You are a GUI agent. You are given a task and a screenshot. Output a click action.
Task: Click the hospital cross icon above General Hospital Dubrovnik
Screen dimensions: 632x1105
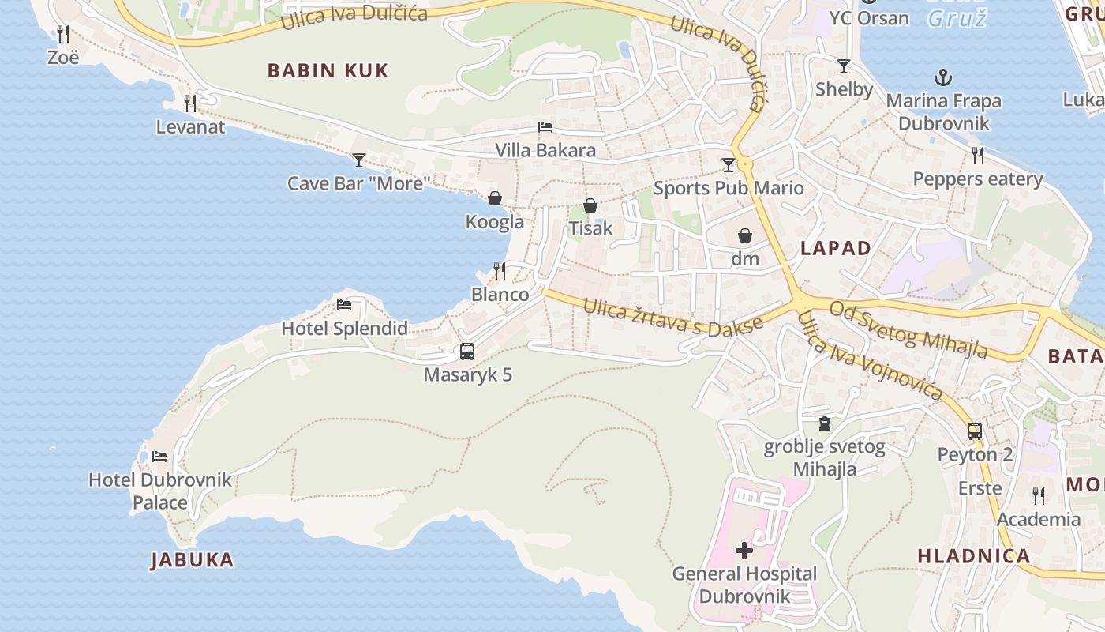click(744, 551)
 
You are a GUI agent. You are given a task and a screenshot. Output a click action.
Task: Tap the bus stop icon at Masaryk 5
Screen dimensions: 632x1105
click(467, 352)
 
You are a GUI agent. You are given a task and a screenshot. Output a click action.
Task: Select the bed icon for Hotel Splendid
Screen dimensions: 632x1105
click(344, 305)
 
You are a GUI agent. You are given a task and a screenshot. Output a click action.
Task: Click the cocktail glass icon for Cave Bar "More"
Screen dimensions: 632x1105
click(359, 160)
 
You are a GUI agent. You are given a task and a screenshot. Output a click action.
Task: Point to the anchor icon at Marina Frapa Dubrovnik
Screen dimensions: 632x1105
click(942, 77)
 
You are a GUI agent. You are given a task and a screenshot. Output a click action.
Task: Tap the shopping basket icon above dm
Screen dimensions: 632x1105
click(744, 235)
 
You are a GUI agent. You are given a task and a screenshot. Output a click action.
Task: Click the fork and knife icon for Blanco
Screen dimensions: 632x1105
click(500, 271)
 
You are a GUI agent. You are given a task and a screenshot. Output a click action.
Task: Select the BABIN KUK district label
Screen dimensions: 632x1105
click(328, 70)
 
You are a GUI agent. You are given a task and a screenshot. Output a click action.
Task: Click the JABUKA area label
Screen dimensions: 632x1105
click(193, 560)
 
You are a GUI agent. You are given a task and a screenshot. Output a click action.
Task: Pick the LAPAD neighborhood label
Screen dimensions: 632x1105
click(836, 248)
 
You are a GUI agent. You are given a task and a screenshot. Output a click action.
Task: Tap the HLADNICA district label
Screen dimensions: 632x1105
click(974, 555)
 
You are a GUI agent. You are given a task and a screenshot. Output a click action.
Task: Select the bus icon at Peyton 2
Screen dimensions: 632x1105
click(975, 431)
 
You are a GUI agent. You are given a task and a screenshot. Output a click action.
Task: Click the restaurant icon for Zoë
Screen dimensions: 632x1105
click(63, 33)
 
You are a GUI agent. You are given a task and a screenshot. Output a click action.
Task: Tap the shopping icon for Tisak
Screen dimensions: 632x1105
click(590, 205)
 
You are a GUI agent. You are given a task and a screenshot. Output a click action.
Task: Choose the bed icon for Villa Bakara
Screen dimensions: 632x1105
click(545, 126)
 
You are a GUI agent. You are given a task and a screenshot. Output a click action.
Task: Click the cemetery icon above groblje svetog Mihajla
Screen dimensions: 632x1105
click(825, 423)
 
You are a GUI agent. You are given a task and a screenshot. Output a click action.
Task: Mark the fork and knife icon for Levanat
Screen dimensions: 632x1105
click(190, 103)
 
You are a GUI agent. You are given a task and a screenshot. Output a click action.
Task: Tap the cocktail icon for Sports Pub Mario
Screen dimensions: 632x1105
click(728, 164)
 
